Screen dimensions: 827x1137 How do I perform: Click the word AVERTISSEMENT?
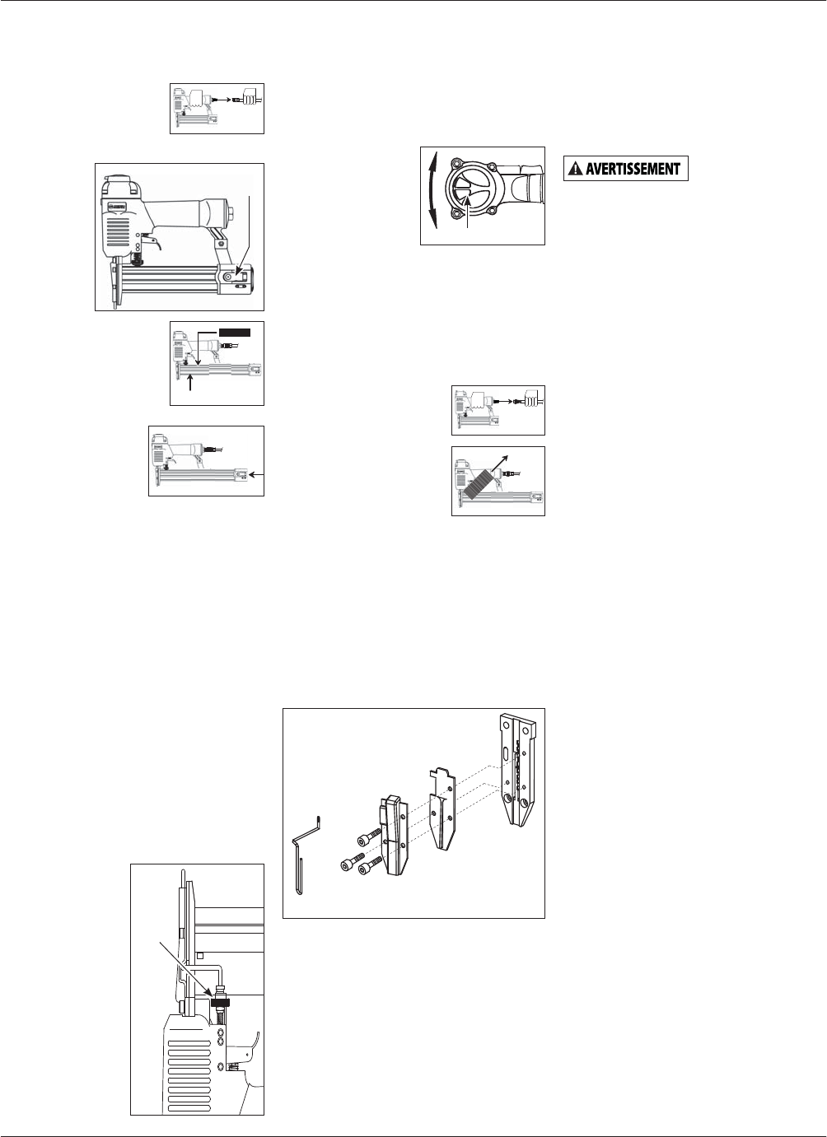click(633, 170)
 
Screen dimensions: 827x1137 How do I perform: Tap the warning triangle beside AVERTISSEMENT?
click(574, 170)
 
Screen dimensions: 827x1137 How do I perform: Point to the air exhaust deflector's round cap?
click(466, 193)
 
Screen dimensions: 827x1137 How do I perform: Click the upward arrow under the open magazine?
click(190, 382)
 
